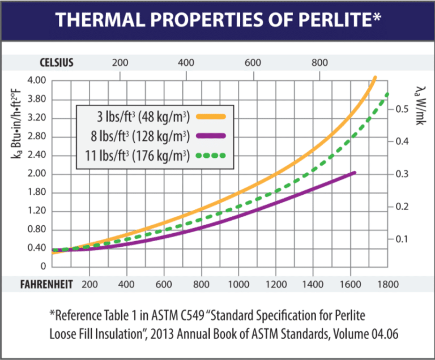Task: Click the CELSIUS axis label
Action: [57, 61]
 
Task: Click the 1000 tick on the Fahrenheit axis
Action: [238, 284]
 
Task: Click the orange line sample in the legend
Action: [211, 117]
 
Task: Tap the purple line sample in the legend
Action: [211, 135]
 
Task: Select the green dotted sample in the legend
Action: [211, 155]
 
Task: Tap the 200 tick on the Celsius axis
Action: [120, 61]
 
